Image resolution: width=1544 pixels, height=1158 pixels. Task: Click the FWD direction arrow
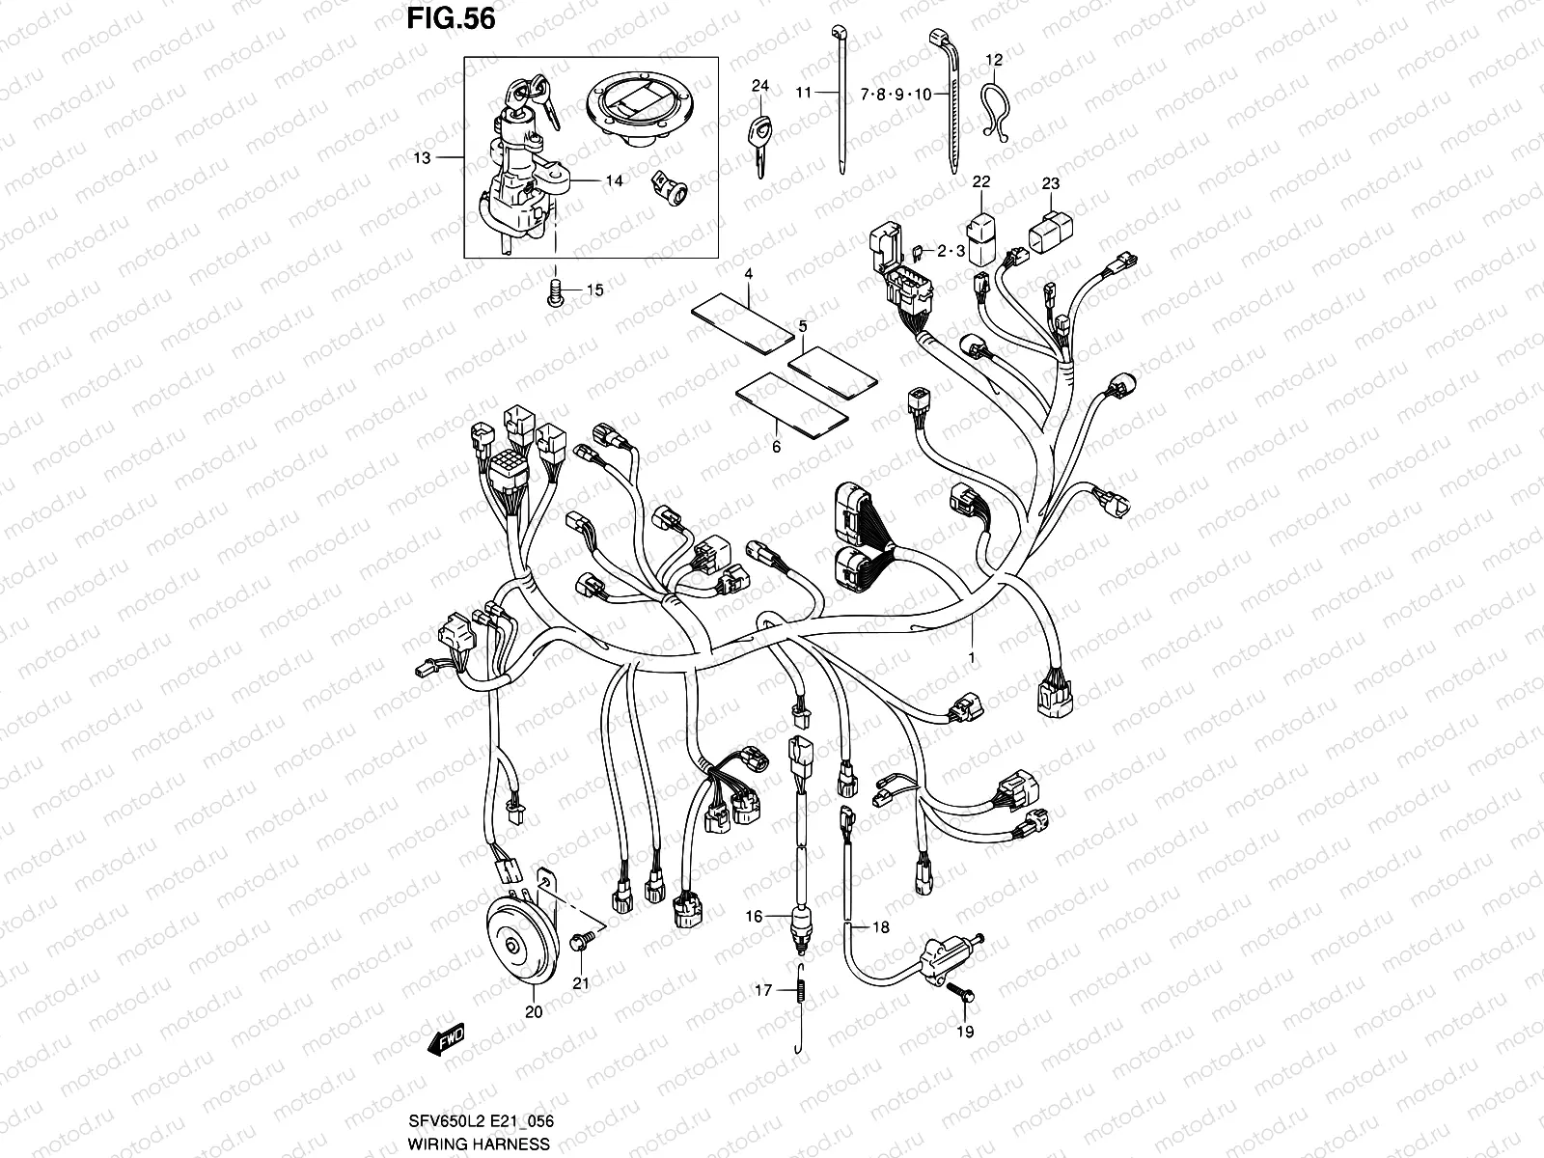tap(449, 1038)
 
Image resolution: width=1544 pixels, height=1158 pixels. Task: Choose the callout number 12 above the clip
tap(994, 60)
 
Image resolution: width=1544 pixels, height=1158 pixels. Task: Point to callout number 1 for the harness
tap(972, 657)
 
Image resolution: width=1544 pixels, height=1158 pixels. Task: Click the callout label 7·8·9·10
tap(896, 95)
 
